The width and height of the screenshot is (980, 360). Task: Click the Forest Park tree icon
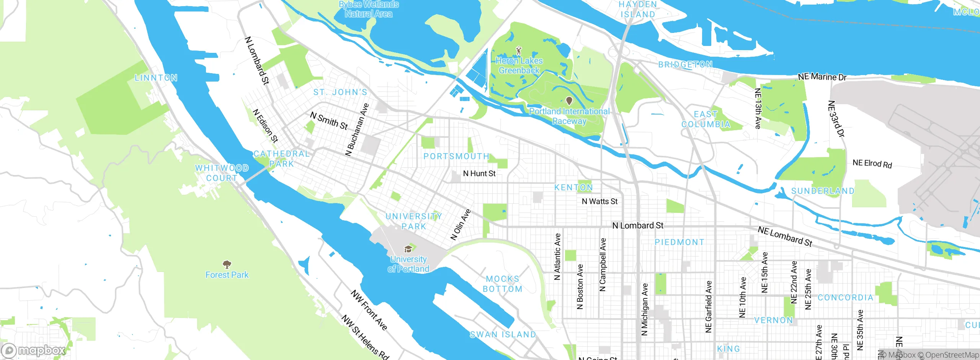pos(227,264)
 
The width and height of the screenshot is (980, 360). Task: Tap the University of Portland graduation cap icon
pos(408,249)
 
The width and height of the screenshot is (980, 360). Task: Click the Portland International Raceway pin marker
pos(569,101)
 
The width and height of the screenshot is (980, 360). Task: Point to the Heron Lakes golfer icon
pos(519,50)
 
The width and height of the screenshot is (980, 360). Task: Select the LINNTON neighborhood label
pos(156,78)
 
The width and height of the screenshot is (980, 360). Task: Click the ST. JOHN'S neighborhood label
pos(340,92)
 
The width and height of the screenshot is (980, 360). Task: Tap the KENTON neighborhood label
pos(573,187)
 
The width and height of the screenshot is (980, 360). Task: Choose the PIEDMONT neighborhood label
pos(679,242)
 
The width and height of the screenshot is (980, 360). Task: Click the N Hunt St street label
pos(479,173)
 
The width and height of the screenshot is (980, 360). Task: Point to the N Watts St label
pos(599,201)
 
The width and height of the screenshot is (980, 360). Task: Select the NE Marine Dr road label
pos(822,77)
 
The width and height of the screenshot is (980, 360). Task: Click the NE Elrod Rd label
pos(872,164)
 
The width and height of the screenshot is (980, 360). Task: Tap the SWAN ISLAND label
pos(503,334)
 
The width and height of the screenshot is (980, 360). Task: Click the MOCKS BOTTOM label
pos(503,284)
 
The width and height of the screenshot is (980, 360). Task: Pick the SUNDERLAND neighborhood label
pos(823,191)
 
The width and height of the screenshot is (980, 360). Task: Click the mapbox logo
pos(33,350)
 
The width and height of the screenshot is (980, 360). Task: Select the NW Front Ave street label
pos(369,310)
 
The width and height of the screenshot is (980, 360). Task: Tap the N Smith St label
pos(329,121)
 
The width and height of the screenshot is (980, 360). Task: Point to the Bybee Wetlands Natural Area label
pos(369,9)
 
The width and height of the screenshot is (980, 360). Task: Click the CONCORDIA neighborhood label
pos(845,298)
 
